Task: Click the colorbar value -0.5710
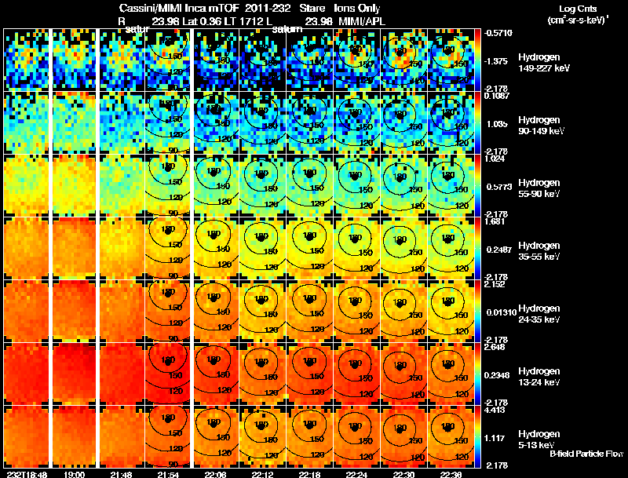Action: point(498,33)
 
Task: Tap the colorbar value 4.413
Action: point(496,410)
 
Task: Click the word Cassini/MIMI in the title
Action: point(148,7)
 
